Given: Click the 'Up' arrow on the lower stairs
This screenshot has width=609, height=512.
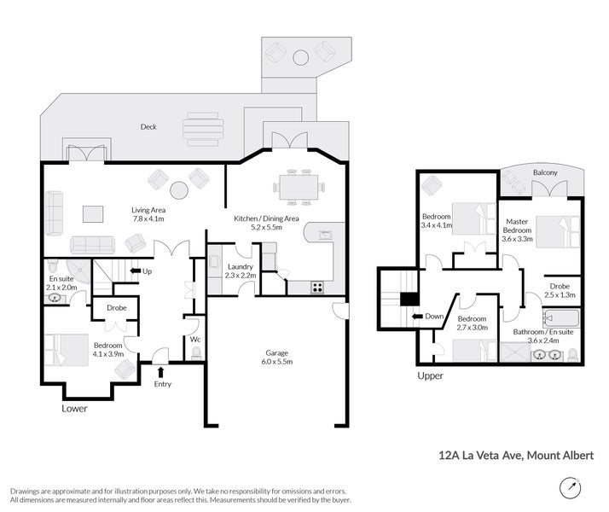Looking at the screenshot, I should pos(135,271).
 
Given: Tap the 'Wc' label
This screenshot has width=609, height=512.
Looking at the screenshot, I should pos(195,339).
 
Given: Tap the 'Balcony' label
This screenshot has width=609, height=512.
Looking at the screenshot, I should pos(545,173).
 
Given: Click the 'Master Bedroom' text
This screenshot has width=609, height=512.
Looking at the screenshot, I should pos(516,225).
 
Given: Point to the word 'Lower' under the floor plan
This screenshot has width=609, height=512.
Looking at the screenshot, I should pos(74,409).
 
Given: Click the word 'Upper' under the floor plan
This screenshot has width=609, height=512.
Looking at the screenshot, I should pos(430,375).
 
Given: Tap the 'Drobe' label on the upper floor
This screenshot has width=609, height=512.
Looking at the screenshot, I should pos(560,287).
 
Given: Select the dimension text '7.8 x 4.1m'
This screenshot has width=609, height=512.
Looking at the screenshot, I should pos(148,219).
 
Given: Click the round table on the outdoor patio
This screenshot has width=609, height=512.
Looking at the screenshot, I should pos(300,58).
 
